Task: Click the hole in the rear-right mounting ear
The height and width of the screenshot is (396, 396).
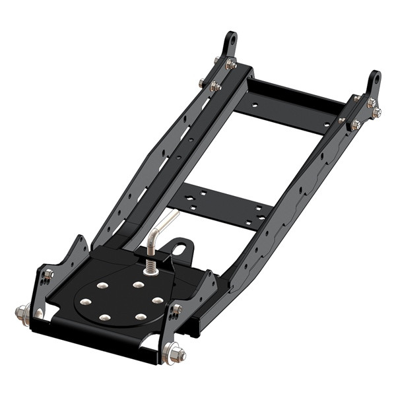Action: click(375, 80)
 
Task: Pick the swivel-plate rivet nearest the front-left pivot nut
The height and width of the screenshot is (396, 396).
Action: click(86, 302)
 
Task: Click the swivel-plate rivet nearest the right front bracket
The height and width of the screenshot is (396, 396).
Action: click(158, 300)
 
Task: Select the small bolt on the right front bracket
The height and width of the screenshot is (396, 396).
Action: click(177, 309)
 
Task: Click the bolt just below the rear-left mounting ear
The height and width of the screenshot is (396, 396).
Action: click(230, 64)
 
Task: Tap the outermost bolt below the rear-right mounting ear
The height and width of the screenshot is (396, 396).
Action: click(376, 112)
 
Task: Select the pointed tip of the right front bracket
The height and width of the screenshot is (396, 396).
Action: click(212, 272)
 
